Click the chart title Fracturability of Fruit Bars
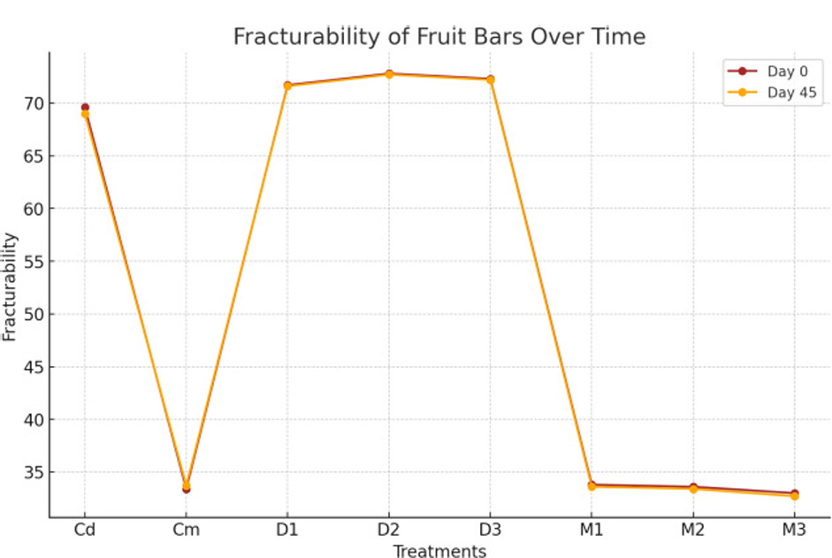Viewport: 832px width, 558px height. tap(439, 36)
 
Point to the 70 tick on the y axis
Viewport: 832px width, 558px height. tap(32, 103)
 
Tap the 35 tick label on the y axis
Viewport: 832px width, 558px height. tap(32, 472)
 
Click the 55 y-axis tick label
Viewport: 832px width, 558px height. tap(32, 262)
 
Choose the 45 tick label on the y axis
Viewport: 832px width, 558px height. tap(32, 367)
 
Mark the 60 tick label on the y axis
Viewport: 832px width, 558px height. tap(32, 209)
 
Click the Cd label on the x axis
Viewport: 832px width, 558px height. tap(85, 531)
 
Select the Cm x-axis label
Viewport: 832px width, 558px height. tap(186, 531)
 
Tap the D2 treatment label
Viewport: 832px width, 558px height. tap(389, 531)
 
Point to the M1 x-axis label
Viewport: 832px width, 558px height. tap(592, 531)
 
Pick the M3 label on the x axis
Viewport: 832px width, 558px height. tap(794, 531)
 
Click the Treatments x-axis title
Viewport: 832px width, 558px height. tap(439, 552)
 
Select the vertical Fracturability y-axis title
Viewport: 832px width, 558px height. tap(10, 287)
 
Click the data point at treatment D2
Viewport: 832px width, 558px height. tap(389, 74)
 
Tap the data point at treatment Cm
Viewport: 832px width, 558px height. tap(186, 486)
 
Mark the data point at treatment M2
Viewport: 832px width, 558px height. tap(693, 488)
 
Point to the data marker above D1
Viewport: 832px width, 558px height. tap(287, 86)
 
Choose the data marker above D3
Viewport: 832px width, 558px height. tap(490, 80)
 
